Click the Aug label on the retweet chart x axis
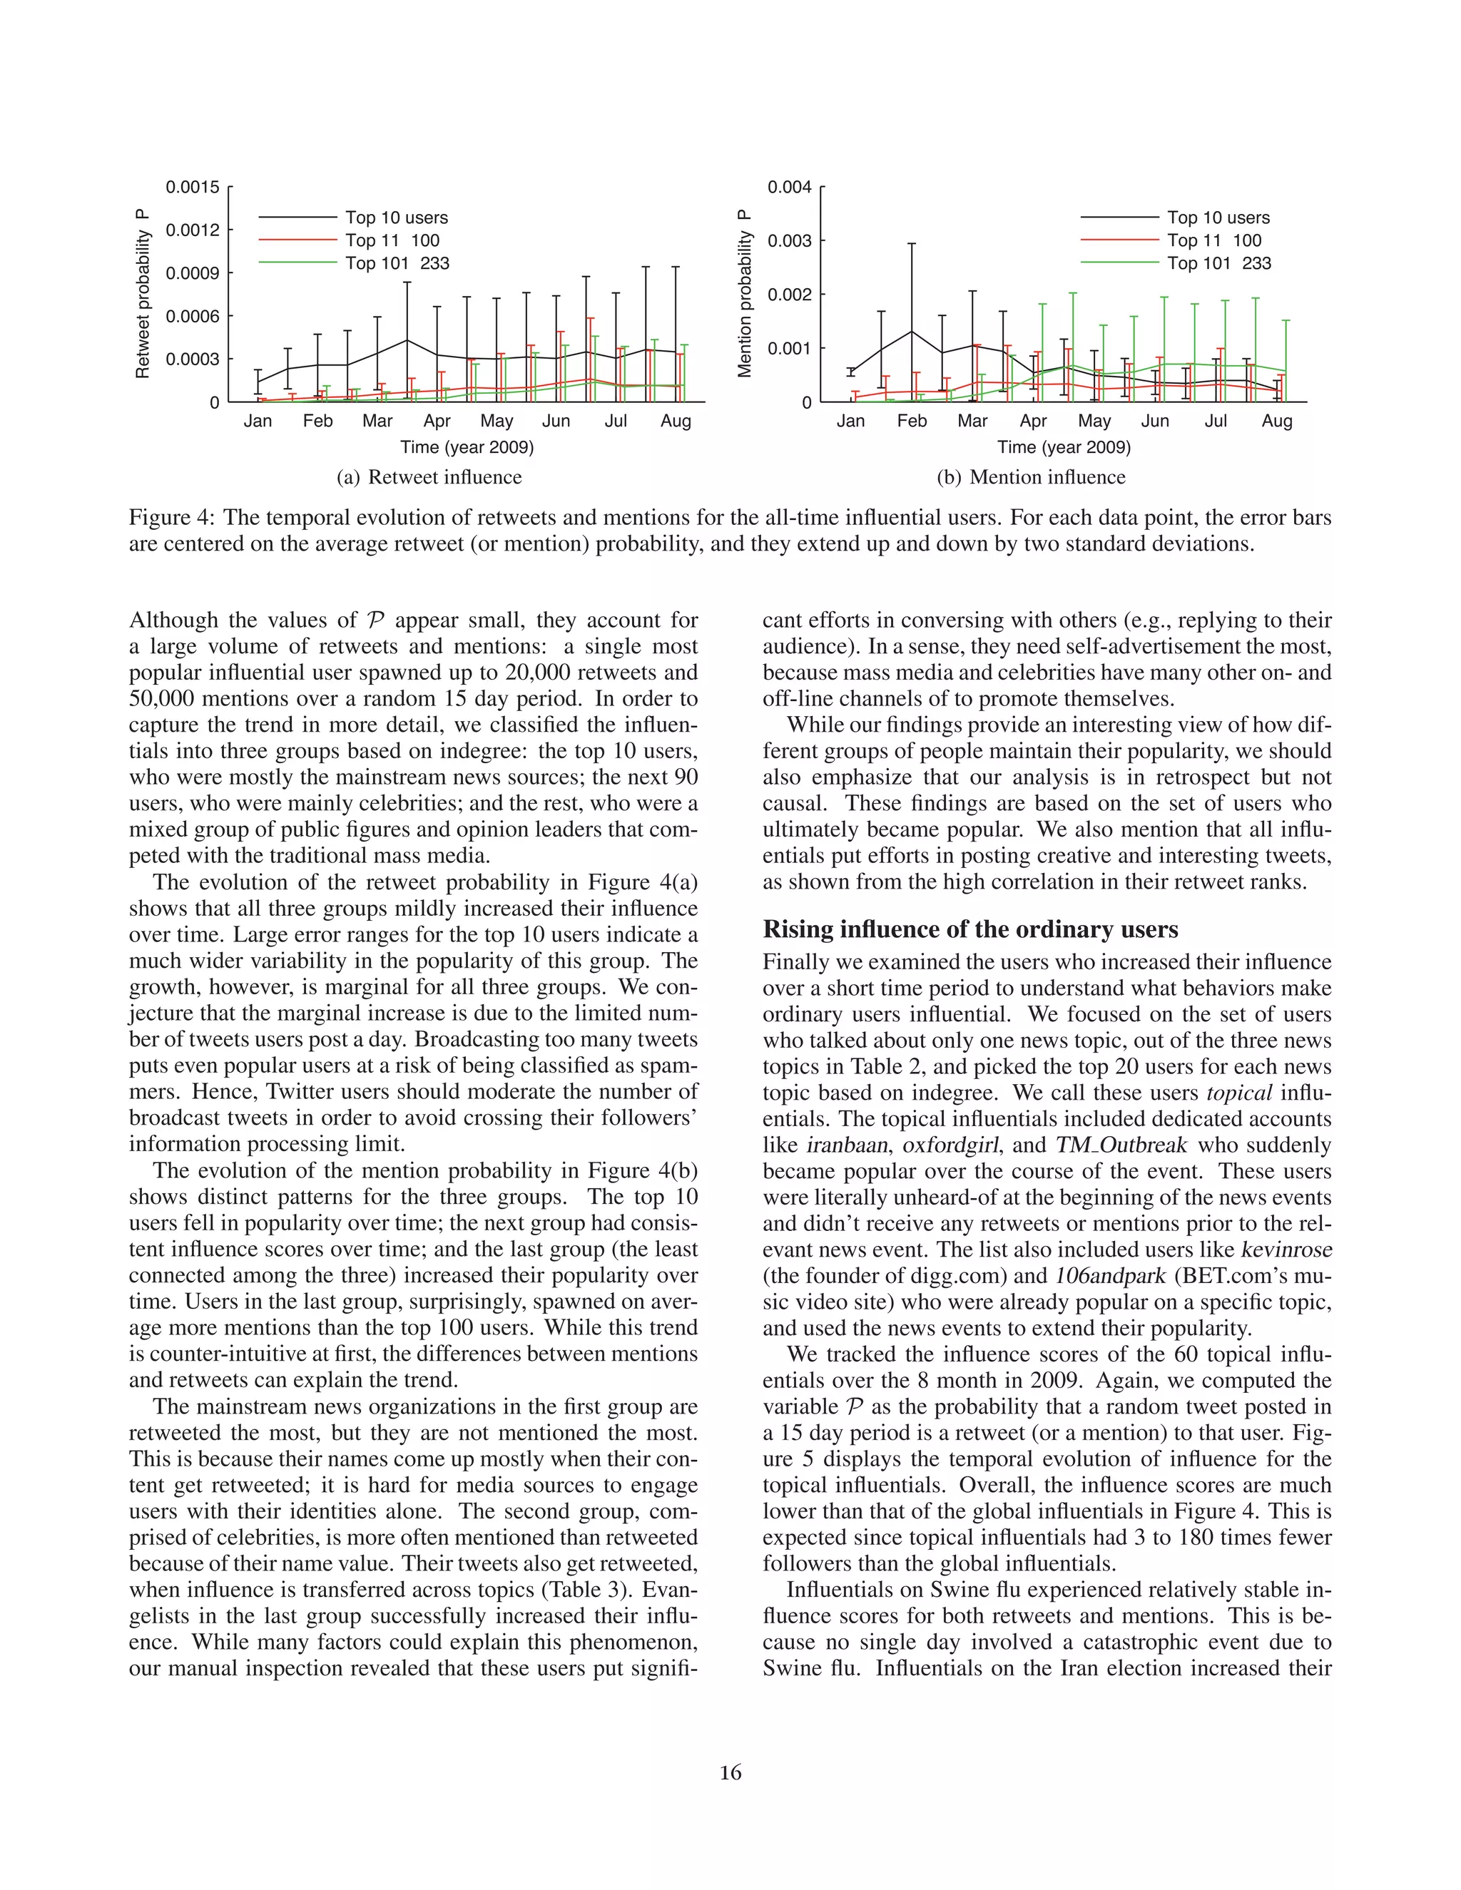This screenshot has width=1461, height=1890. [676, 422]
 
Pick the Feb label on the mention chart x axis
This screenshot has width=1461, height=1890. [912, 422]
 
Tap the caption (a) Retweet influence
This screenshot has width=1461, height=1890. [429, 477]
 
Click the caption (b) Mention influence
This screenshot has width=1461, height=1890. [1031, 477]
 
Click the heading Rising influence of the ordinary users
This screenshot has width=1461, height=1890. [970, 929]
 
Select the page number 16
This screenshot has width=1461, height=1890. [730, 1772]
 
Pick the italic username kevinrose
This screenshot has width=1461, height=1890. [1286, 1250]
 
